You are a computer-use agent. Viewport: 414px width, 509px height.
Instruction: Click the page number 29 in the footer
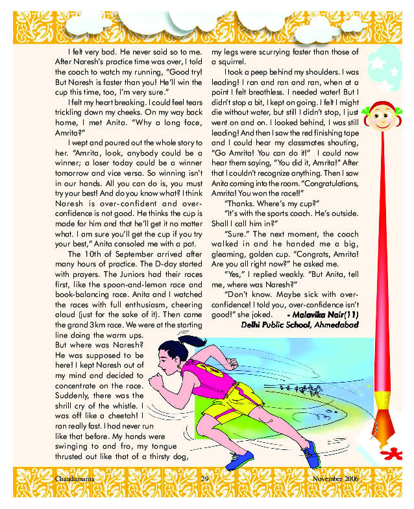pos(204,479)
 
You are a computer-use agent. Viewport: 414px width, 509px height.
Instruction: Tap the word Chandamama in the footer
pos(67,479)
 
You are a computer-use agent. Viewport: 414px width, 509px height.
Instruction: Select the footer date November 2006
pos(335,479)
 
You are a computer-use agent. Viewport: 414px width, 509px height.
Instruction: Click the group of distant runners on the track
pos(304,392)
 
